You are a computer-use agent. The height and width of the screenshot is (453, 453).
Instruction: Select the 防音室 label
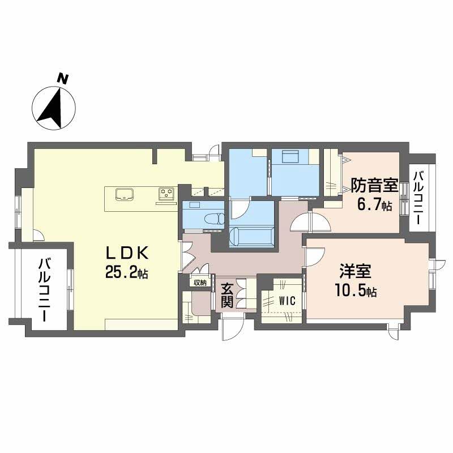(374, 186)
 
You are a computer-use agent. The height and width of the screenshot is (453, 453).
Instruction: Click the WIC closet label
(287, 301)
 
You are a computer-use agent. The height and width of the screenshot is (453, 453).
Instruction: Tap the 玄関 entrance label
(226, 295)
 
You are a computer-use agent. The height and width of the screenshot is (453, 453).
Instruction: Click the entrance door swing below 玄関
(232, 328)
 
